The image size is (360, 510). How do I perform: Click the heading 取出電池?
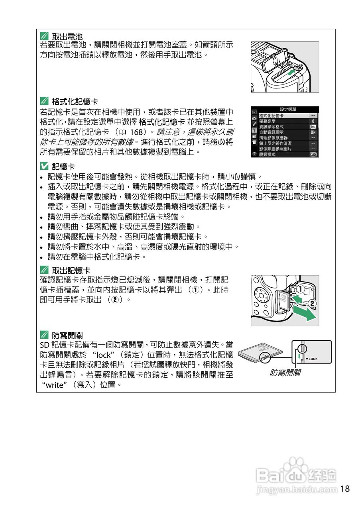(67, 36)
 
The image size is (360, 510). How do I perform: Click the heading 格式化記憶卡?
(75, 102)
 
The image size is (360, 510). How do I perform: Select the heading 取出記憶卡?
(71, 270)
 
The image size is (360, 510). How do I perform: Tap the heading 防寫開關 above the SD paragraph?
(67, 335)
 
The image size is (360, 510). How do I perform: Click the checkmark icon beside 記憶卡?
(44, 167)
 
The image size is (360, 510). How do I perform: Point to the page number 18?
(345, 488)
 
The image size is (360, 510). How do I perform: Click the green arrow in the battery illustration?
(292, 71)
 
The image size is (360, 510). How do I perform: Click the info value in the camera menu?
(313, 127)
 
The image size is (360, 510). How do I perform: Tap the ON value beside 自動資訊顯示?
(313, 132)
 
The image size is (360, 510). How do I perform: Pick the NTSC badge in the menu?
(313, 154)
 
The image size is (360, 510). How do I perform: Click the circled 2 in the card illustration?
(313, 304)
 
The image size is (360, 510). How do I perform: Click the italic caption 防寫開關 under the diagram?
(285, 373)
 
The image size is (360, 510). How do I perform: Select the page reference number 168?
(137, 131)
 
